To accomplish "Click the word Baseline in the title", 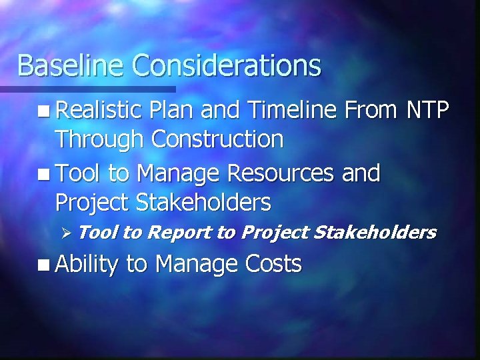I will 71,65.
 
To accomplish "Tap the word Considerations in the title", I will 227,65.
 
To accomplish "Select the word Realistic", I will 99,110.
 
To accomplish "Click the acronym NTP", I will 427,110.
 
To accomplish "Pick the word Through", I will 100,139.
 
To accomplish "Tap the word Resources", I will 280,173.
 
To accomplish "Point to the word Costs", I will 274,264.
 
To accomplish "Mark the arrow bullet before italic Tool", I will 65,233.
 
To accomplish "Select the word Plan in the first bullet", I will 171,110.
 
